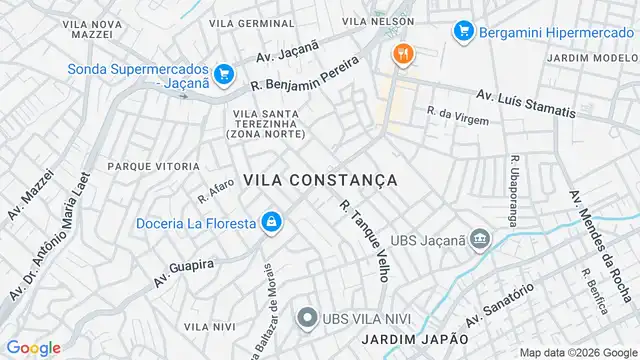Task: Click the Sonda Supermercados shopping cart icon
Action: click(223, 73)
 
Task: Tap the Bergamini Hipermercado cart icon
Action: click(462, 31)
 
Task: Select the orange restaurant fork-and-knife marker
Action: click(402, 54)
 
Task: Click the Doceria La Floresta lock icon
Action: click(270, 222)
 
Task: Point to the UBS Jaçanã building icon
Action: click(480, 240)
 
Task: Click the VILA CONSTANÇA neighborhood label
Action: click(320, 180)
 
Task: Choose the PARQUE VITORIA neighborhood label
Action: click(148, 166)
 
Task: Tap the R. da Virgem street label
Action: click(458, 116)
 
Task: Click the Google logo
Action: click(33, 347)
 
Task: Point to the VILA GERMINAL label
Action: click(252, 22)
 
